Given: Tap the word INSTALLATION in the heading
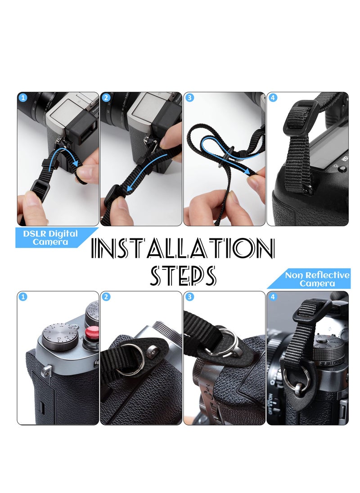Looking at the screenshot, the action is [183, 248].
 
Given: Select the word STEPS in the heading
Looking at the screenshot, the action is [183, 275].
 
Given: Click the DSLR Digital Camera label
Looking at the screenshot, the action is [50, 238].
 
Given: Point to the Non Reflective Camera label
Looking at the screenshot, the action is [317, 279].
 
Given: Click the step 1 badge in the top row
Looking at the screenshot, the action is [23, 98].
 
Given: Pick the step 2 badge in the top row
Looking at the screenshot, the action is [106, 98].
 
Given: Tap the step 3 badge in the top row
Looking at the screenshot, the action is [189, 98].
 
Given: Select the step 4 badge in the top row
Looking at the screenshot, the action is [272, 98].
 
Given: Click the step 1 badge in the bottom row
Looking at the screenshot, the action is [23, 297].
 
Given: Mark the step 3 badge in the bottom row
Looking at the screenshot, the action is [189, 297].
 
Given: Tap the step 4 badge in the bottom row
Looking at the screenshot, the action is [272, 297].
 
